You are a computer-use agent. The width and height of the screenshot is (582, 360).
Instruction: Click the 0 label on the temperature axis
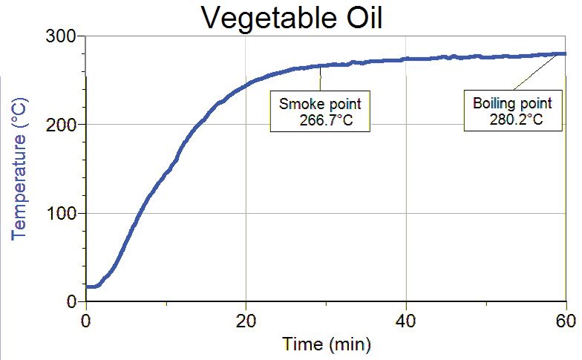click(x=71, y=301)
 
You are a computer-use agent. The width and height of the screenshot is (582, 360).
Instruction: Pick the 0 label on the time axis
click(x=86, y=323)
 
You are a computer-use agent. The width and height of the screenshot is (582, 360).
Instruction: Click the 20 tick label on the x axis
click(x=246, y=323)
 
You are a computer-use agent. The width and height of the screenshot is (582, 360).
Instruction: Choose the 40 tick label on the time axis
click(x=406, y=323)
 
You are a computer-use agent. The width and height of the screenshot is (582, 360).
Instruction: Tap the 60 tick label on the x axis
click(x=566, y=323)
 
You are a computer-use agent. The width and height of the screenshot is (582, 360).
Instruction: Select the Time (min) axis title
click(x=325, y=344)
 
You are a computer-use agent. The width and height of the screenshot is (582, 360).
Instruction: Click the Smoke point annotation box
click(x=319, y=111)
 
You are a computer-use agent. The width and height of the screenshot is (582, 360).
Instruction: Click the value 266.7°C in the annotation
click(x=321, y=119)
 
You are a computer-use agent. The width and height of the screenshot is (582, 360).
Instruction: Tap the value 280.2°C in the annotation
click(x=517, y=119)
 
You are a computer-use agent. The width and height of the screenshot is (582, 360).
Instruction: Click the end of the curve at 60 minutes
click(x=563, y=53)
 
